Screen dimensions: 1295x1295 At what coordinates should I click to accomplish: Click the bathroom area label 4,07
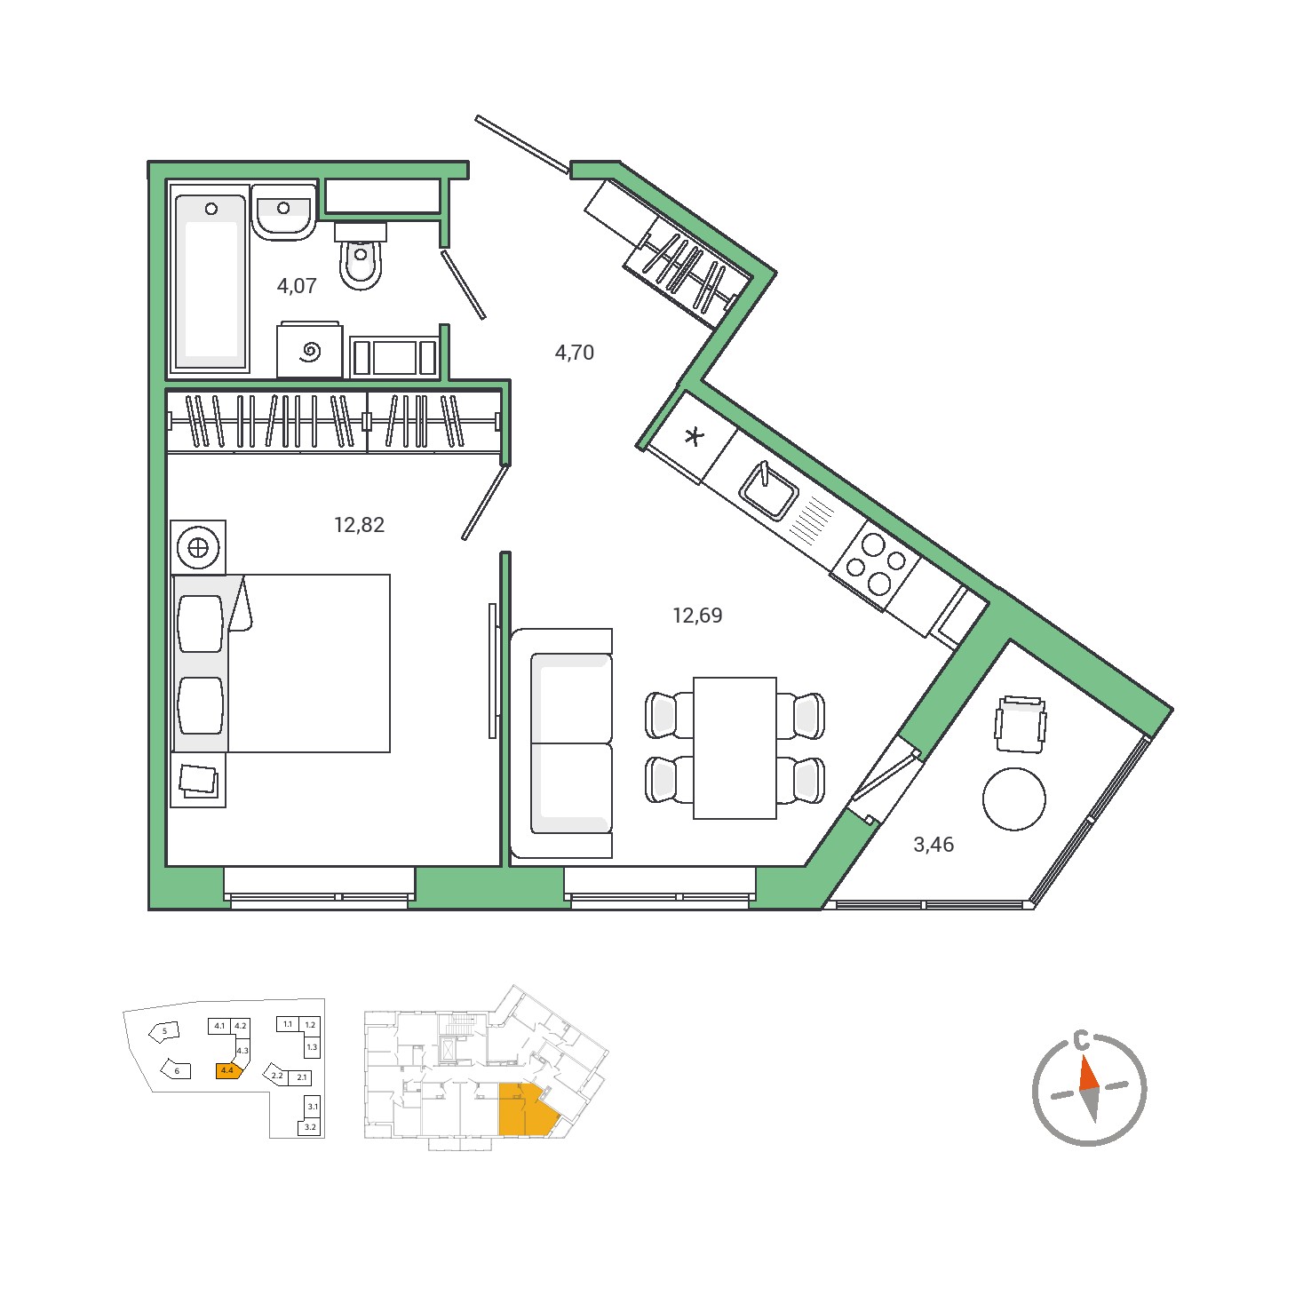tap(297, 286)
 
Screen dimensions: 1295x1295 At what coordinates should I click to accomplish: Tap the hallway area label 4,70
tap(575, 353)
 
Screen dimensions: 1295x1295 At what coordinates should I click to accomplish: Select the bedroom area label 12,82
tap(360, 525)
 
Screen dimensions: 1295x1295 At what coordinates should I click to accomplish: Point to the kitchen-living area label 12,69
tap(697, 616)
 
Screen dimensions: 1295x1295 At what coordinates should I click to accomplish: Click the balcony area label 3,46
tap(934, 845)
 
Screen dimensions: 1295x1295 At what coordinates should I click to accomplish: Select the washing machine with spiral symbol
tap(310, 351)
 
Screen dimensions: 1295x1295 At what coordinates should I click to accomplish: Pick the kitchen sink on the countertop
tap(769, 490)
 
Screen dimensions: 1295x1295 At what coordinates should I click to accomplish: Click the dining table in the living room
tap(735, 748)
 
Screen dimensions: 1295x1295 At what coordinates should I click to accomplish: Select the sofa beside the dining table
tap(561, 743)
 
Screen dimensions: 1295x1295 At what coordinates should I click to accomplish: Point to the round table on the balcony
tap(1014, 799)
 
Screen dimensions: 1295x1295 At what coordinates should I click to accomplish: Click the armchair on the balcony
tap(1021, 724)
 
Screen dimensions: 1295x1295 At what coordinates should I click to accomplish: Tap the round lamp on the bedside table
tap(198, 548)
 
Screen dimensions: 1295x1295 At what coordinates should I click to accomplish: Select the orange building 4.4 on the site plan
tap(227, 1070)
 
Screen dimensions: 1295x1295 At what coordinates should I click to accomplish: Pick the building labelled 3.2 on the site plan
tap(310, 1127)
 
